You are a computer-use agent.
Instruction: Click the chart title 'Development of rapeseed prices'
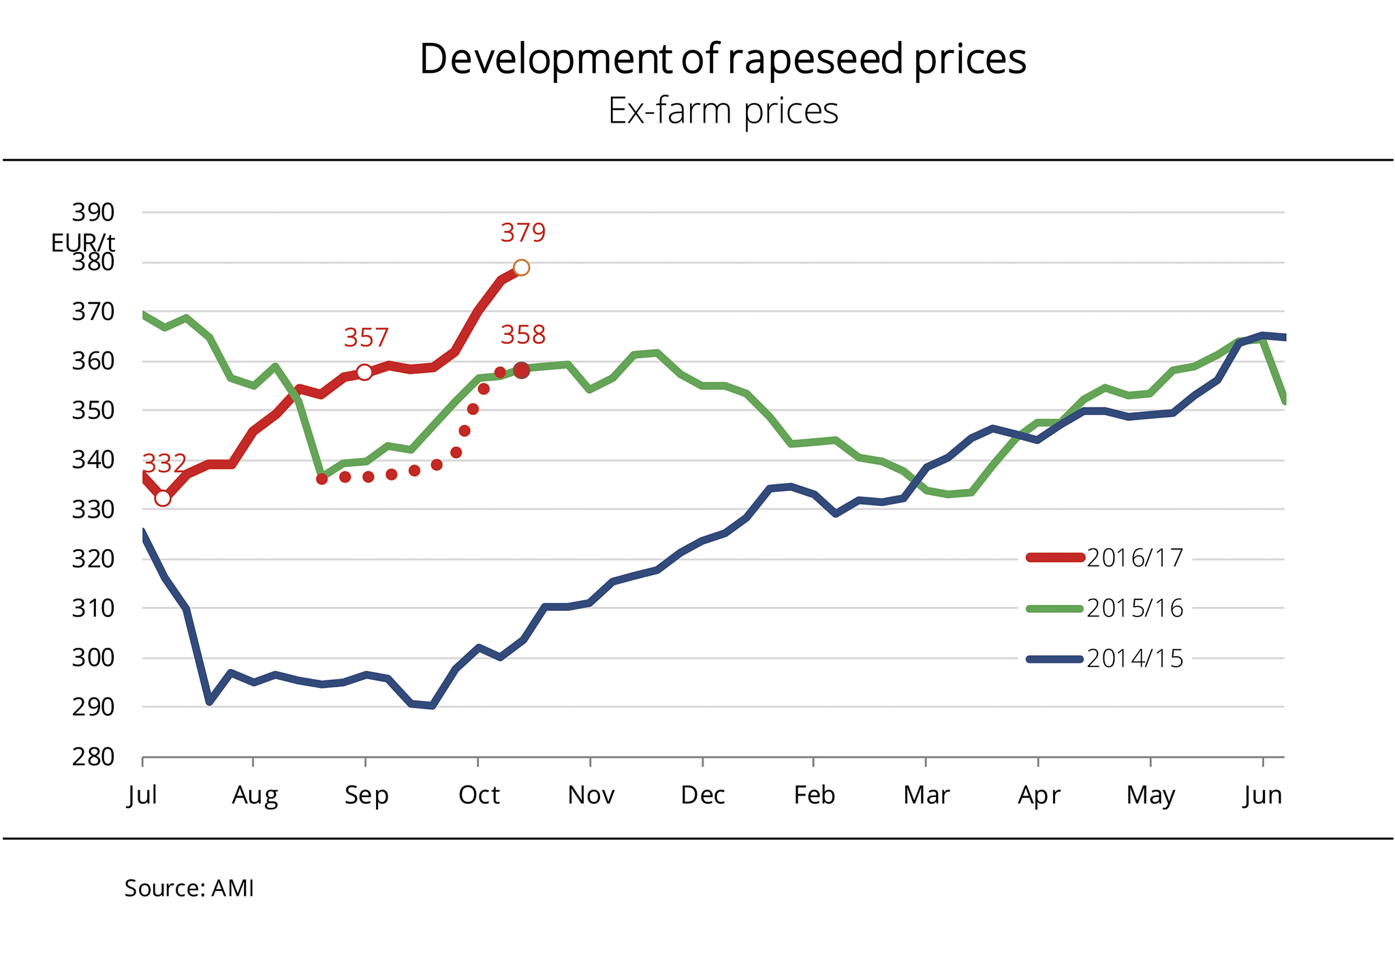tap(722, 59)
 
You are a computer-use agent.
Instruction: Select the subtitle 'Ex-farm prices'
tap(722, 111)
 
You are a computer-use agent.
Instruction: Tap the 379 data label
tap(522, 233)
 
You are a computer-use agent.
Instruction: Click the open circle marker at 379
tap(521, 268)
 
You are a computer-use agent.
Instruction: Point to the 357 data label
tap(366, 338)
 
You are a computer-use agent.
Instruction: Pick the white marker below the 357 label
tap(364, 372)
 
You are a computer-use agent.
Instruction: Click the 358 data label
tap(522, 335)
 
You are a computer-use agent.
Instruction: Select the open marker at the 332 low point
tap(162, 499)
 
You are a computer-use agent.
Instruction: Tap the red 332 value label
tap(164, 464)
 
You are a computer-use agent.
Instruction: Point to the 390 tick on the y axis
tap(93, 213)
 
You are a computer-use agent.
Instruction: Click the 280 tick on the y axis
tap(93, 757)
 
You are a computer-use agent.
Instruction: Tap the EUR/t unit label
tap(82, 243)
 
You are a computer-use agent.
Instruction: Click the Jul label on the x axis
tap(142, 795)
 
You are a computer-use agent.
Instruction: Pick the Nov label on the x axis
tap(591, 795)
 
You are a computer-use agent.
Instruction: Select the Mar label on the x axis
tap(926, 795)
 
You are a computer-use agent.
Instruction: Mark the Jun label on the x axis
tap(1262, 795)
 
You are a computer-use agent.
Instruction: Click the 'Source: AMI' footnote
tap(189, 888)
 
